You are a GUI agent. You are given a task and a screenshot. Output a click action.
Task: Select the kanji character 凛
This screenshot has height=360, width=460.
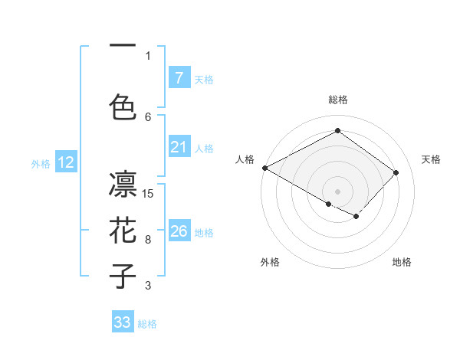(123, 184)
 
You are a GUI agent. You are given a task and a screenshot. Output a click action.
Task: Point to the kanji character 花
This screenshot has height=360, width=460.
(123, 230)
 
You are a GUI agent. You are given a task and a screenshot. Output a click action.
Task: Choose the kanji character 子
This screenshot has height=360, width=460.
(123, 277)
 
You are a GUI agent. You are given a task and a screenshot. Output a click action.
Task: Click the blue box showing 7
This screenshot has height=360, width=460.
(179, 77)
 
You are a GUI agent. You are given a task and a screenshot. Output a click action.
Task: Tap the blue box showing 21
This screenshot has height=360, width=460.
(179, 147)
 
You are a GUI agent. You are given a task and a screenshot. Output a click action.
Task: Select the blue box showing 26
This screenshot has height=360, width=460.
(179, 231)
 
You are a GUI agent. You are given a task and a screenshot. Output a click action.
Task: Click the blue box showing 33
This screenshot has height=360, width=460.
(123, 322)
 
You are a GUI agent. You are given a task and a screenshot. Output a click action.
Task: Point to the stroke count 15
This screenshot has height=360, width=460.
(149, 193)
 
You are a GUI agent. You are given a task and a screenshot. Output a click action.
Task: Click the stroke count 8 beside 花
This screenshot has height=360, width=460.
(148, 240)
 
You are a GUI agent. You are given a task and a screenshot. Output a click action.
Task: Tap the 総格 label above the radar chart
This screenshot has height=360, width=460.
(337, 100)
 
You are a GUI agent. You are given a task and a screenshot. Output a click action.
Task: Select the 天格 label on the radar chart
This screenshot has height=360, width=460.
(432, 159)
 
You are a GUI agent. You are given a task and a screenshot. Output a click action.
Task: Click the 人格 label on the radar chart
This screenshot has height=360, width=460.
(245, 159)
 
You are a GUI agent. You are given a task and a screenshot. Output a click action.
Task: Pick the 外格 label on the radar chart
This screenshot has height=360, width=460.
(270, 262)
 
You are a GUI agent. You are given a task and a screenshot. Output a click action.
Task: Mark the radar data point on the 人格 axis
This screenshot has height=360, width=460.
(264, 168)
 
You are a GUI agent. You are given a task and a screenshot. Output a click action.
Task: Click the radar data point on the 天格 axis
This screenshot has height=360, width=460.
(396, 172)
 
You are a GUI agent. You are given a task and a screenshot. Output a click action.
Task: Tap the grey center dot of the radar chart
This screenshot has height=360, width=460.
(337, 191)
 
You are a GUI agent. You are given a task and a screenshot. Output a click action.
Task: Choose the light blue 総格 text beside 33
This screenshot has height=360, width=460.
(148, 324)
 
